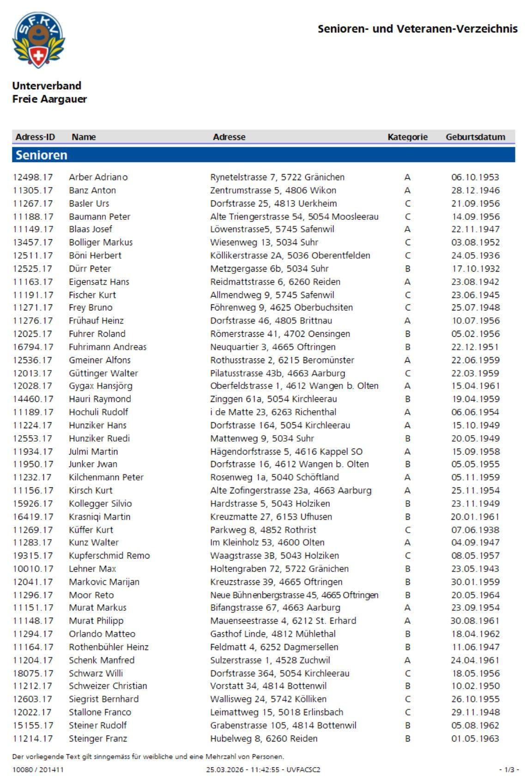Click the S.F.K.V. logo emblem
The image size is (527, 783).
click(x=38, y=40)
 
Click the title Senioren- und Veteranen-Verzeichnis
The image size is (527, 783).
click(x=417, y=29)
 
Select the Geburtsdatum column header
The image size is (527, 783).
click(x=475, y=137)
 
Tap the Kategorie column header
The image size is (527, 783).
click(x=407, y=137)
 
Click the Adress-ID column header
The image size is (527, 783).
click(x=35, y=137)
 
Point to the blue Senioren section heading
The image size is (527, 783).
click(x=42, y=155)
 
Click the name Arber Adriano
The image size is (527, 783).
click(x=98, y=177)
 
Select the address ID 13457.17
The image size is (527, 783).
click(x=33, y=242)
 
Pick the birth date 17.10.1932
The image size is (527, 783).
click(x=475, y=268)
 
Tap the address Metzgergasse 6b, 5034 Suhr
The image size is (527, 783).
click(x=269, y=268)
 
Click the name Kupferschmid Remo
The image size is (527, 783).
click(x=109, y=555)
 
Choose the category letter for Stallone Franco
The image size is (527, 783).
click(x=407, y=712)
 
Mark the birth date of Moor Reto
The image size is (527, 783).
click(x=475, y=595)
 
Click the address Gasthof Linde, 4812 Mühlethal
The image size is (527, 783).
click(x=273, y=634)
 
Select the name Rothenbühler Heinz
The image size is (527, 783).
click(x=109, y=647)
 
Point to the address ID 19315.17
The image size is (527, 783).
click(x=33, y=555)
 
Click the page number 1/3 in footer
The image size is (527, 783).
click(x=509, y=770)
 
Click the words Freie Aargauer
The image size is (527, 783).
click(x=49, y=99)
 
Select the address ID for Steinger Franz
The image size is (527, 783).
click(x=33, y=738)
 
